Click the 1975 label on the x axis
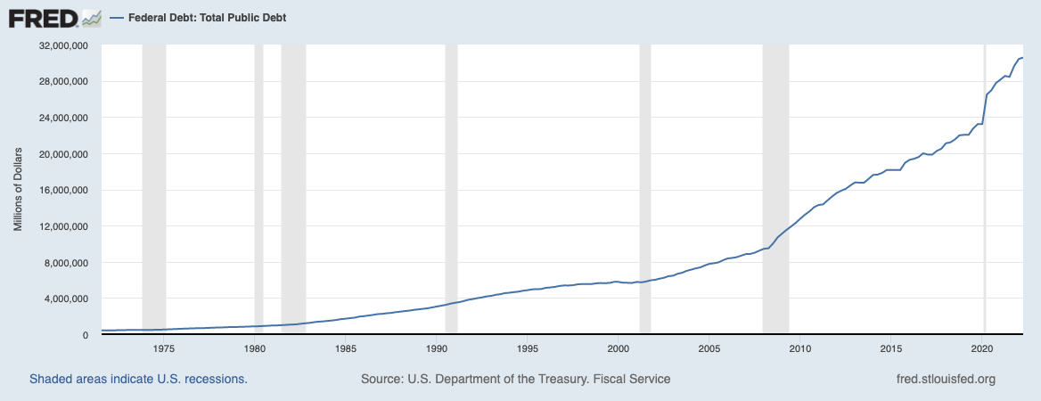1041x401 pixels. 164,348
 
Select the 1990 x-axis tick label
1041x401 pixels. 437,348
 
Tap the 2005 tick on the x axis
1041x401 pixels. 709,348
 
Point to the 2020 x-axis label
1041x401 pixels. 982,348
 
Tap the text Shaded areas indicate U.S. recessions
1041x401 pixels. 138,380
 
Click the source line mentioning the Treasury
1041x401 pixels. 515,380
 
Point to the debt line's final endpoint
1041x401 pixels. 1022,58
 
